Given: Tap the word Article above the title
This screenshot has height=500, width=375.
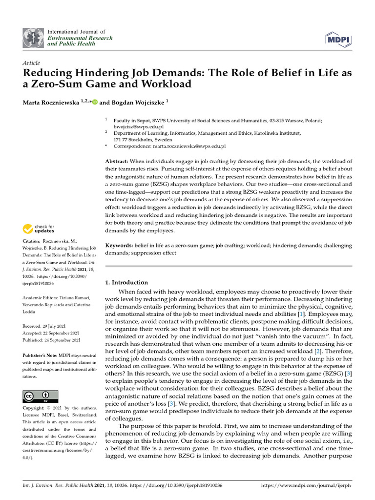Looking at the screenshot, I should [31, 63].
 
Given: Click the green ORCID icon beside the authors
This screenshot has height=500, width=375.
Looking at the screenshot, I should [95, 102].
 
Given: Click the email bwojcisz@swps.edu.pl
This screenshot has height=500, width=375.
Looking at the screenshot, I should [138, 126].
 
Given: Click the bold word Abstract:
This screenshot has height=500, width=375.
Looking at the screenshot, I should [117, 161].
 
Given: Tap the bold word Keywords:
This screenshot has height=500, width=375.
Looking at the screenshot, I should [119, 245].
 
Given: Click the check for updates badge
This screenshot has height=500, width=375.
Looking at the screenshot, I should [39, 229].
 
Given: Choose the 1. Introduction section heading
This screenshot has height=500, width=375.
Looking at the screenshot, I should [126, 282].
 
